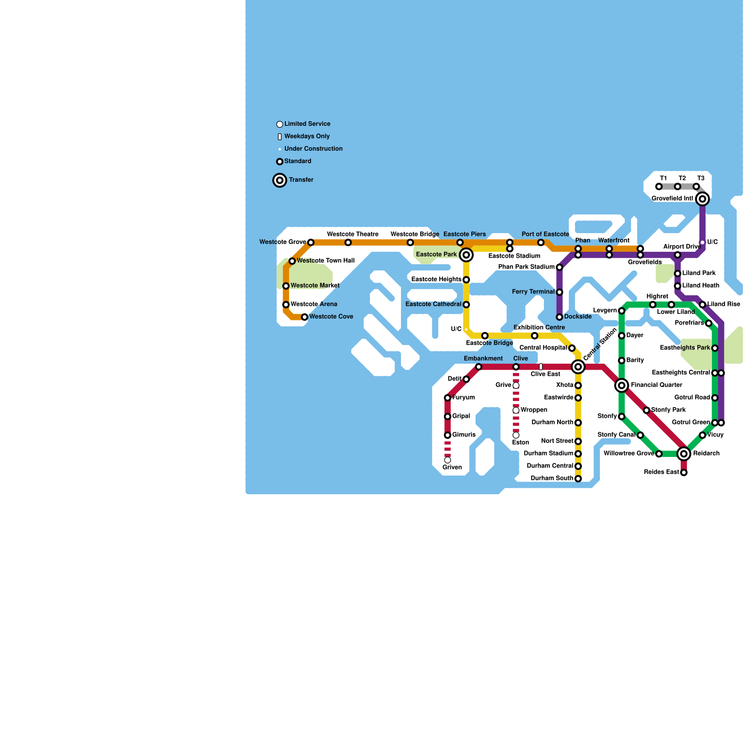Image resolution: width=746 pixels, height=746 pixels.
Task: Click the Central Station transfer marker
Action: [x=578, y=367]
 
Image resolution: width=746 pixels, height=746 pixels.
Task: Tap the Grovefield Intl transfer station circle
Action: [x=703, y=199]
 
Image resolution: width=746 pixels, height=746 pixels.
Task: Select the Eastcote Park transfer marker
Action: [x=466, y=255]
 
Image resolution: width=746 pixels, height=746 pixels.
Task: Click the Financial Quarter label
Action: [x=656, y=385]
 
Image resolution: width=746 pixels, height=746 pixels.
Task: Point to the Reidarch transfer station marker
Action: [x=684, y=454]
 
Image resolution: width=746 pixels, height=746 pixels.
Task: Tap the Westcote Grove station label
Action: [x=283, y=242]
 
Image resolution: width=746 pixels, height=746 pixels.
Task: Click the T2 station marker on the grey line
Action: [x=677, y=187]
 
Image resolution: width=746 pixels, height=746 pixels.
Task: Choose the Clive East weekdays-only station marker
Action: [x=541, y=367]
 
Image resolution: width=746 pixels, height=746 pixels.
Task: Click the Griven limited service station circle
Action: [x=448, y=460]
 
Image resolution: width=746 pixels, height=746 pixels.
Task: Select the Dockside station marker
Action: [x=559, y=317]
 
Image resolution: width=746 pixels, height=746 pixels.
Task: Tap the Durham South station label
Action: [x=552, y=478]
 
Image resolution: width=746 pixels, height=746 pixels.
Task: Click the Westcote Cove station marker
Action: [x=304, y=317]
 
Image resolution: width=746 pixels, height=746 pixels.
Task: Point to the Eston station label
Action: [x=520, y=442]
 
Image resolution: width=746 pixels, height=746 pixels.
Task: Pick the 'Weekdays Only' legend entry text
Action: [x=307, y=137]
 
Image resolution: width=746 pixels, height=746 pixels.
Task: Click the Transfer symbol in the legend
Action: [x=280, y=180]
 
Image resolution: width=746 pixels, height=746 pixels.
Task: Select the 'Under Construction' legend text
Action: [x=313, y=149]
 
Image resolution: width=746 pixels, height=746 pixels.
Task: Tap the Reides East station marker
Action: [x=684, y=473]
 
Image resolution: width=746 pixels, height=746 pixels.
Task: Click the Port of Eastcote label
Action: [x=546, y=234]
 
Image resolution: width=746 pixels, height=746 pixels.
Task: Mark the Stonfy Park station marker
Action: [x=647, y=410]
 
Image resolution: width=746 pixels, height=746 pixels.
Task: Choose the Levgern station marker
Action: [x=622, y=311]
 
